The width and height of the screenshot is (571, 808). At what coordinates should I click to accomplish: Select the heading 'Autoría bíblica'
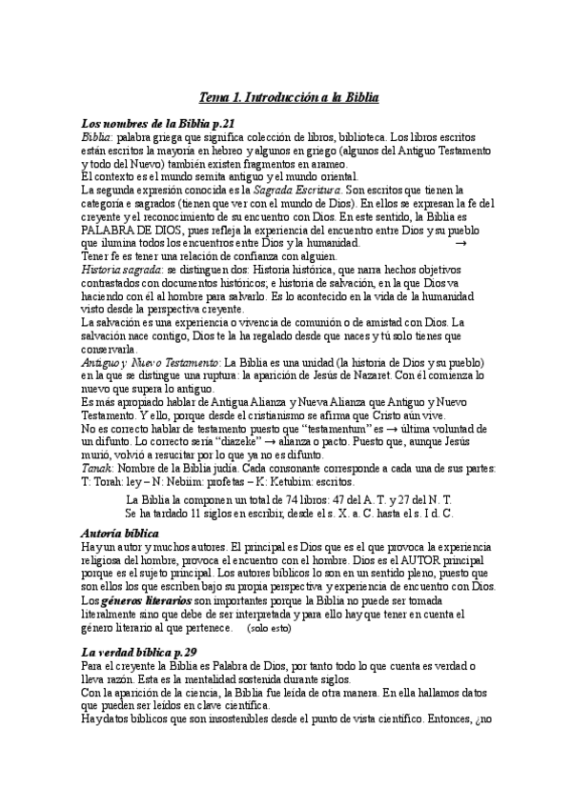click(x=120, y=534)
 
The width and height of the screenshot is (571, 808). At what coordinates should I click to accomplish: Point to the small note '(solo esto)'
click(x=268, y=629)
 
